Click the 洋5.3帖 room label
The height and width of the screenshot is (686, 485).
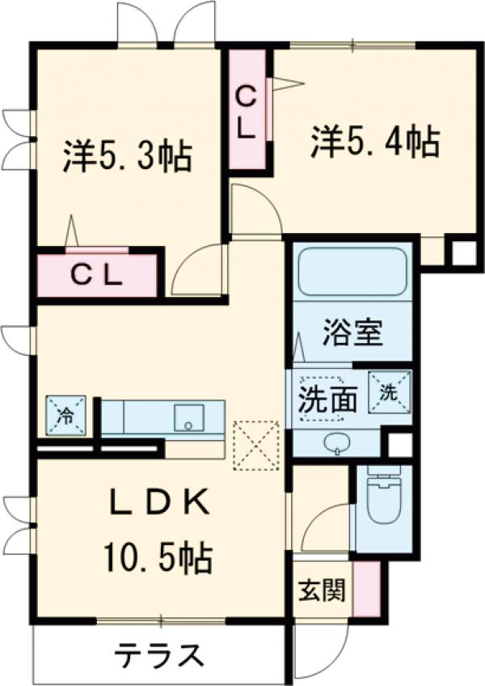128,155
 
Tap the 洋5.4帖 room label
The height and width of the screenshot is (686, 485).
375,142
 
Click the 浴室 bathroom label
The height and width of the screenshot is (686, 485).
353,332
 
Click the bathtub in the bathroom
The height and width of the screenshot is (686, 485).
352,273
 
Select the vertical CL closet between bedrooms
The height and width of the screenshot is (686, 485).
247,110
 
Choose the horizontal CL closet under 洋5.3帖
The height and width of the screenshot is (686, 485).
96,276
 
